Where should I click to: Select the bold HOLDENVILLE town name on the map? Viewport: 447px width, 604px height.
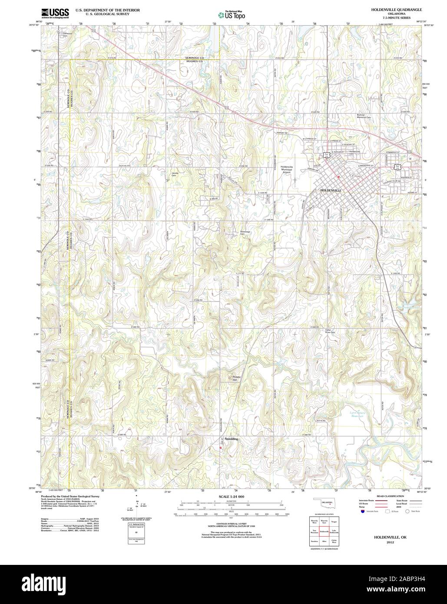click(x=331, y=191)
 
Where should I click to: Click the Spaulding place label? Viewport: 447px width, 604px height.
click(x=231, y=439)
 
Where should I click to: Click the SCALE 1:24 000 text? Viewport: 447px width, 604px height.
click(x=225, y=496)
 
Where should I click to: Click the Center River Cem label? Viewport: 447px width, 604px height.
click(x=331, y=332)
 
